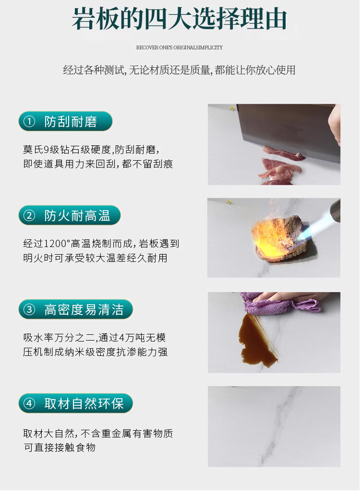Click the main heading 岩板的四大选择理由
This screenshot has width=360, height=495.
click(180, 19)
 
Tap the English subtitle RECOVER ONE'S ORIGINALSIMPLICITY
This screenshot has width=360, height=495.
click(180, 47)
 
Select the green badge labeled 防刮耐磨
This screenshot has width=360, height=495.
click(65, 121)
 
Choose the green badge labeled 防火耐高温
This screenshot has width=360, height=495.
click(70, 216)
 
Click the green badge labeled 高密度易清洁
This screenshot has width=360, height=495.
click(76, 309)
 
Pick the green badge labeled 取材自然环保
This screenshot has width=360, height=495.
click(76, 403)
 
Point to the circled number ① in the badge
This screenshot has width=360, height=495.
click(29, 121)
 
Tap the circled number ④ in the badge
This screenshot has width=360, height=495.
click(29, 403)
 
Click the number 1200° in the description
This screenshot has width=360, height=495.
click(57, 244)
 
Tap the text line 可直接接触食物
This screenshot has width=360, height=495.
click(60, 448)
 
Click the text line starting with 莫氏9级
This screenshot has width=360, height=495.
click(91, 149)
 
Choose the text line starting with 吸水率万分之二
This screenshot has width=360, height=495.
click(95, 338)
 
